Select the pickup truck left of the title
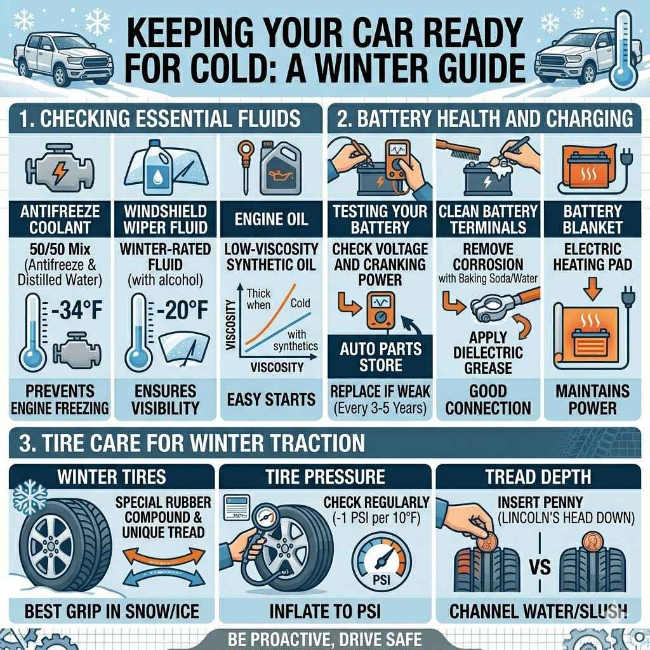61,56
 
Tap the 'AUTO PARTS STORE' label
371,357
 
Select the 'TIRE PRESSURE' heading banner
325,477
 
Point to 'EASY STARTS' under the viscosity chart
272,399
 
